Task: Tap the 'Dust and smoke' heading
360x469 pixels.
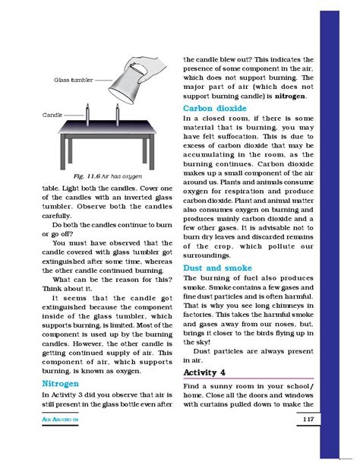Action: pyautogui.click(x=215, y=268)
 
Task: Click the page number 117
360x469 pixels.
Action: pyautogui.click(x=309, y=442)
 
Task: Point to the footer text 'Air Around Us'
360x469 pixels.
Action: pyautogui.click(x=65, y=442)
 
